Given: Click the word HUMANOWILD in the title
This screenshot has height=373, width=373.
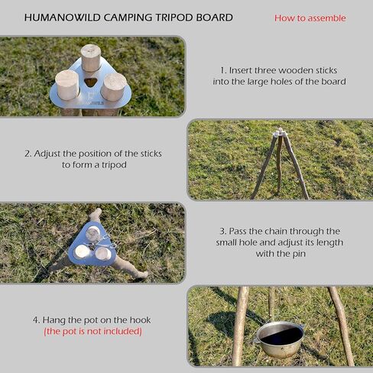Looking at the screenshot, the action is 63,18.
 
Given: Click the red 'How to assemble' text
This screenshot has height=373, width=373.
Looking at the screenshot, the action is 310,18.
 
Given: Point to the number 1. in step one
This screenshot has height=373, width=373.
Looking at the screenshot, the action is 223,70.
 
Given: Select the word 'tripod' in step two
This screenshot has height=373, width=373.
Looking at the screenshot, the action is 114,165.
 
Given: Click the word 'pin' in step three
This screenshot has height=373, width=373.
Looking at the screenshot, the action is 299,254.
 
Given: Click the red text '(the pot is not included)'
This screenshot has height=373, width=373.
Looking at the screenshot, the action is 92,331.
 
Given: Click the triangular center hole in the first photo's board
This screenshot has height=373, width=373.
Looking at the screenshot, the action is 90,82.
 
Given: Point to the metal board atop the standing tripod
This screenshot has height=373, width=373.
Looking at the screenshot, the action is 281,133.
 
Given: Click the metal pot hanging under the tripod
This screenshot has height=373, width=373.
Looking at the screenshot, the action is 280,339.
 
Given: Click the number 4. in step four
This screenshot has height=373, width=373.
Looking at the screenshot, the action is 36,320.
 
